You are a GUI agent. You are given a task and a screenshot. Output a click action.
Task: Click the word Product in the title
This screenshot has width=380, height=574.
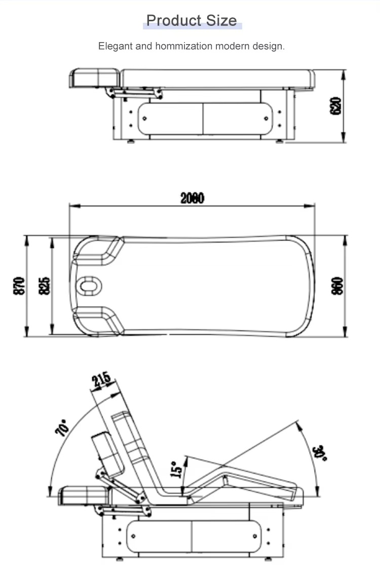tap(174, 20)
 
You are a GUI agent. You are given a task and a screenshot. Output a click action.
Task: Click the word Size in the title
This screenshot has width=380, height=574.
tap(221, 20)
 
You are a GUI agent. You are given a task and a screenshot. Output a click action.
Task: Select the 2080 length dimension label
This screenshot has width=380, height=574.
tap(193, 198)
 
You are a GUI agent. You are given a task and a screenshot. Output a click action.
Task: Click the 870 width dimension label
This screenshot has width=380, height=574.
tap(19, 286)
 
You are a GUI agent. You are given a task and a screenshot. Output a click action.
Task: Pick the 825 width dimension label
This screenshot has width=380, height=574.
tap(44, 286)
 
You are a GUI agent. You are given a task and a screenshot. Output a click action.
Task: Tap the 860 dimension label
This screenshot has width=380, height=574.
tap(337, 286)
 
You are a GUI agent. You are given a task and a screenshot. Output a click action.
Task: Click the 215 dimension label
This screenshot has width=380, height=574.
tap(101, 380)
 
